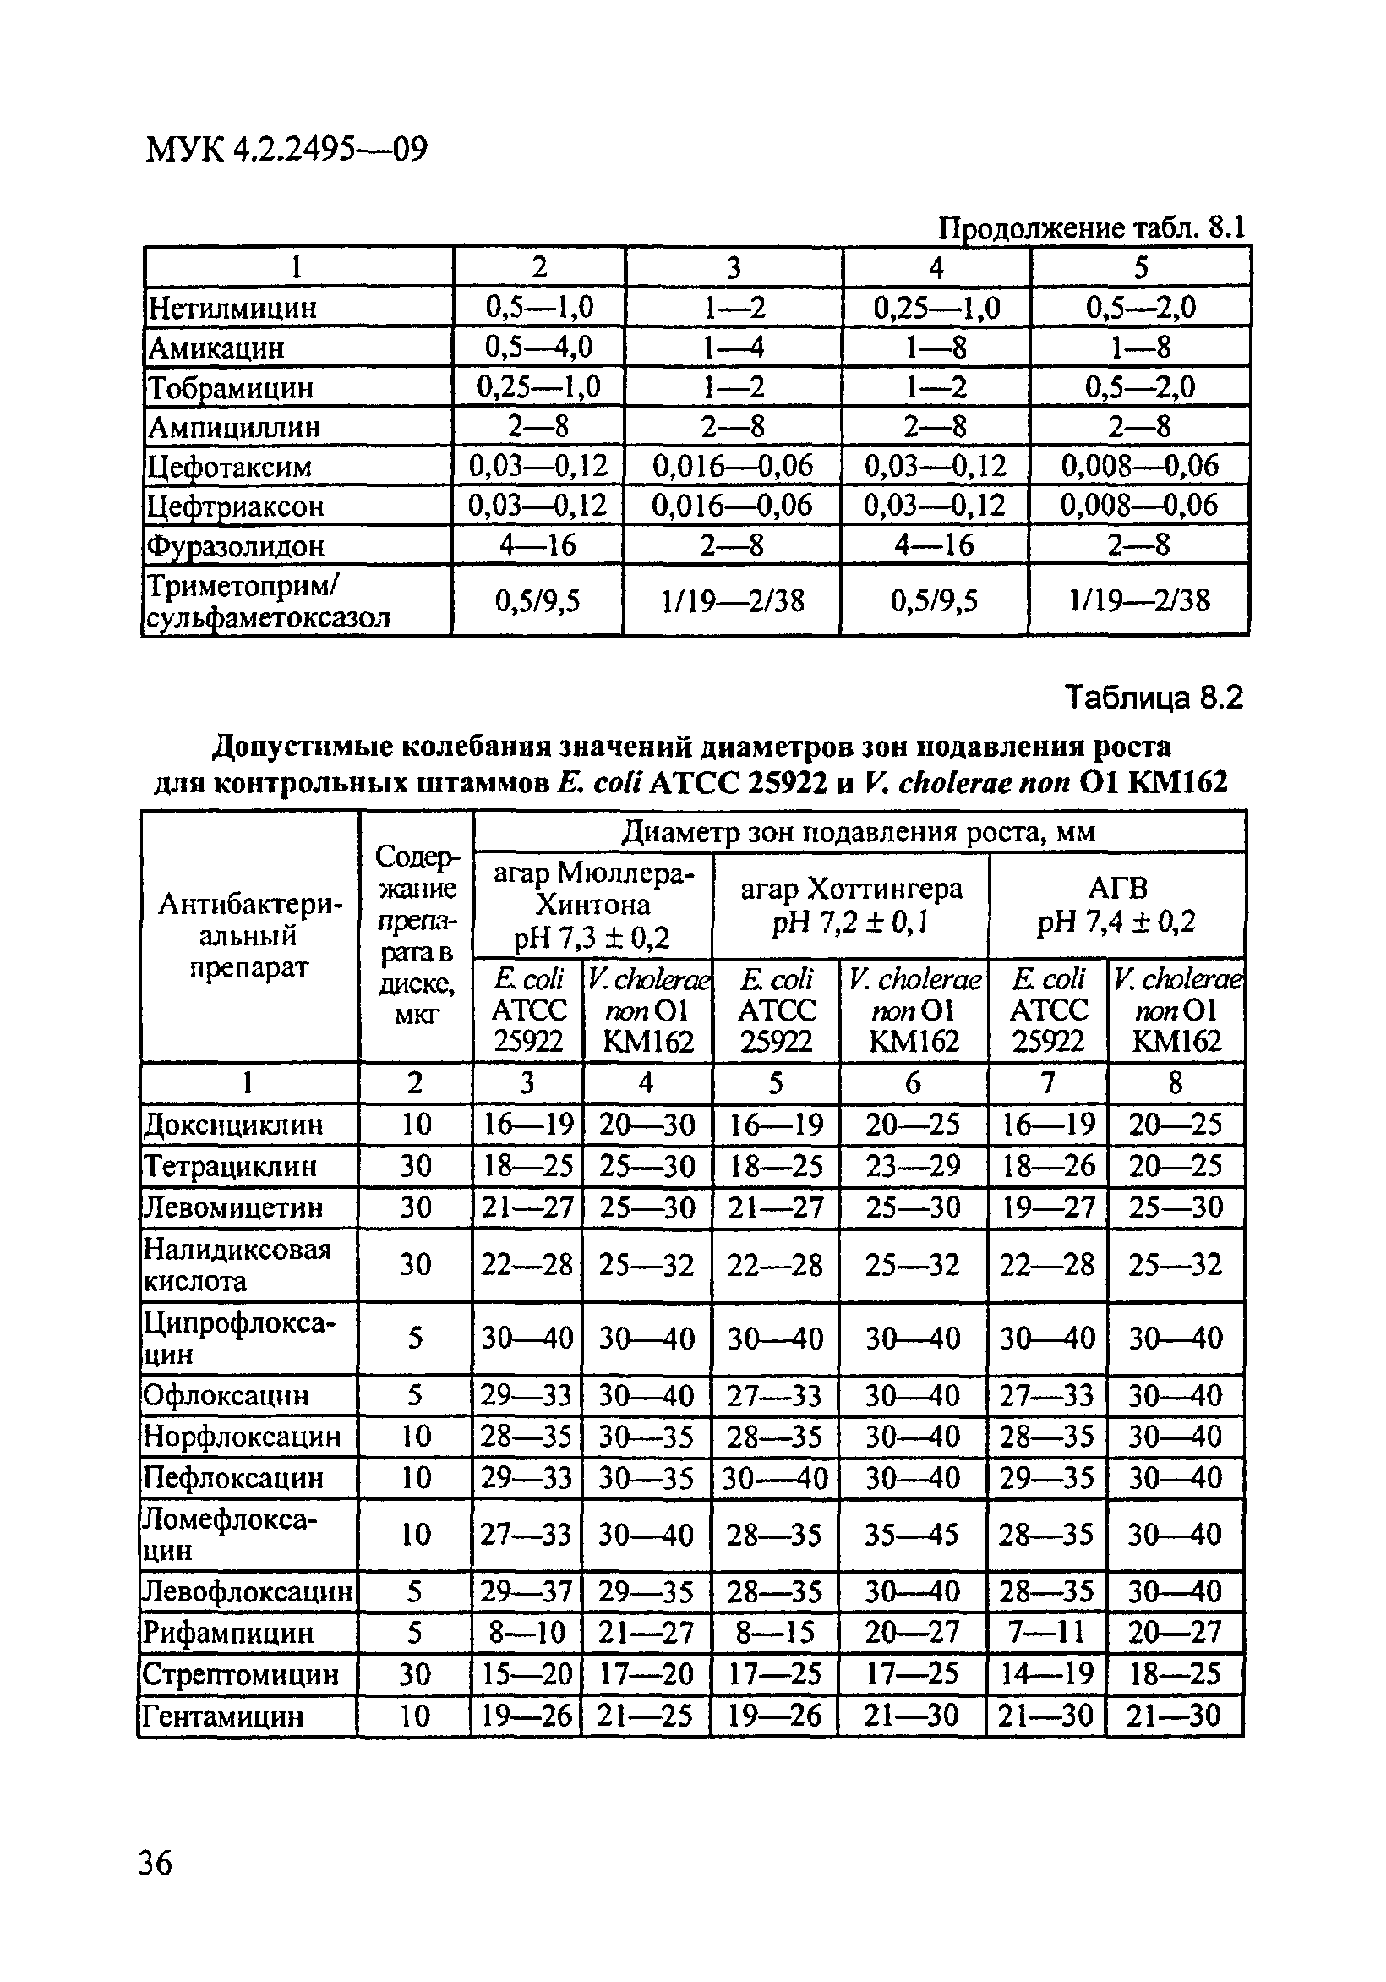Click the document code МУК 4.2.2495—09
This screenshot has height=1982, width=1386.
[286, 151]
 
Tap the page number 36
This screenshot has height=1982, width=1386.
[156, 1863]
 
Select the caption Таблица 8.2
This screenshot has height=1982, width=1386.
[1154, 697]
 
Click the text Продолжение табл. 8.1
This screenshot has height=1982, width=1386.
[1092, 228]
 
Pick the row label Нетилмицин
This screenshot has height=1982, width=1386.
[233, 307]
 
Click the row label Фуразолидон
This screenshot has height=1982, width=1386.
[236, 545]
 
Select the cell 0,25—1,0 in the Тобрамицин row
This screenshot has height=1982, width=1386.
[538, 386]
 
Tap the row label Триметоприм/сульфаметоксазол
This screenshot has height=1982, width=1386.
[268, 601]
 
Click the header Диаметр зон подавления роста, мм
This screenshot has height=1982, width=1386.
[859, 832]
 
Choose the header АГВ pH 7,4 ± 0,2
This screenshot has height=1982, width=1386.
[1116, 905]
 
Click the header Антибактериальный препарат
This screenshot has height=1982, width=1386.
[249, 936]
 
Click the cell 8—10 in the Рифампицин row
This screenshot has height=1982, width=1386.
[527, 1633]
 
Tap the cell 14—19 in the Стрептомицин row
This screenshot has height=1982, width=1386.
[1047, 1674]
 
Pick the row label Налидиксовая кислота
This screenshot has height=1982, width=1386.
[237, 1265]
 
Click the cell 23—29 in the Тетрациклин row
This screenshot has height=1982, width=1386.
[912, 1166]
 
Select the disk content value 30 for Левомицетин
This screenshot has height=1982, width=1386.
[415, 1207]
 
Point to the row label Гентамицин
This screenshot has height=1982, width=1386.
[222, 1716]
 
